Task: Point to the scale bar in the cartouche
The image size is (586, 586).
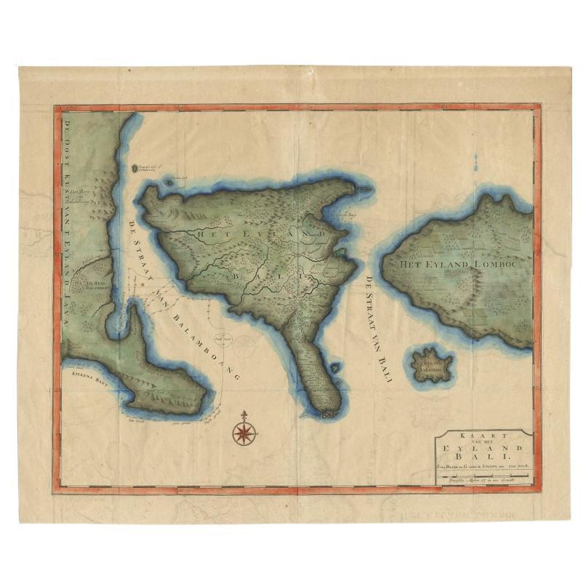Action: [483, 475]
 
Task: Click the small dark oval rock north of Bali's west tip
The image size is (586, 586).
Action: [135, 169]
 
